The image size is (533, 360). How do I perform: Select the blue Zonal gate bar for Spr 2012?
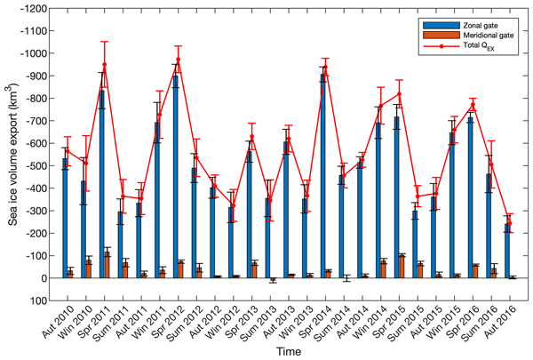176,177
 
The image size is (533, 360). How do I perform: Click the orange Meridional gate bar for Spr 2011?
108,265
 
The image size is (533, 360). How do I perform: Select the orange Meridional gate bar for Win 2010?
89,269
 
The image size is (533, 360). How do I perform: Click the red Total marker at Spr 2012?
179,60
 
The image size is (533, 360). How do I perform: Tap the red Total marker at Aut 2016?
511,219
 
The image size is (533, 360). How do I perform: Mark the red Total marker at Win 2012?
233,206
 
